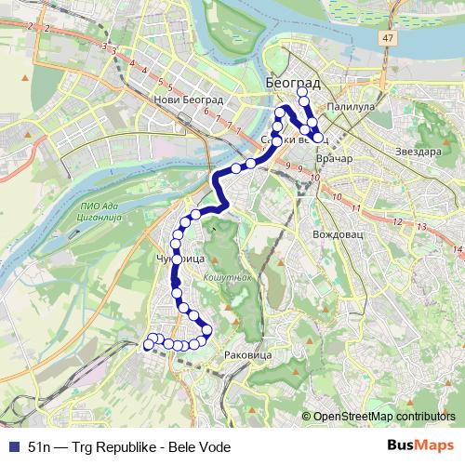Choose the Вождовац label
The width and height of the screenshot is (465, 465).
pyautogui.click(x=337, y=234)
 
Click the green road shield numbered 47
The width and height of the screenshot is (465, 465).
pyautogui.click(x=386, y=37)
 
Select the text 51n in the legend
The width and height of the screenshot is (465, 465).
pyautogui.click(x=41, y=445)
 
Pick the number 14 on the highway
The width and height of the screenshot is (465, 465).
pyautogui.click(x=457, y=249)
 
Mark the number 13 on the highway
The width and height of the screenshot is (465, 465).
pyautogui.click(x=421, y=227)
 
